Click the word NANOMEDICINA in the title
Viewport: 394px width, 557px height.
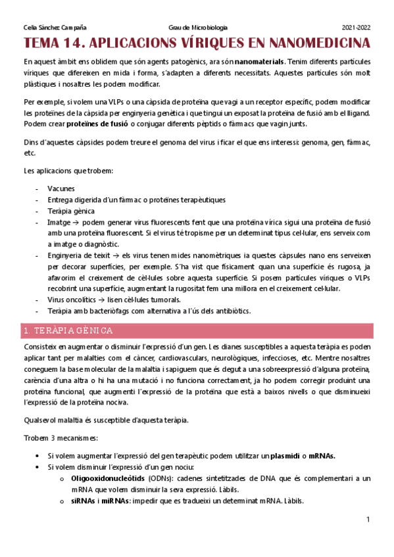pos(313,44)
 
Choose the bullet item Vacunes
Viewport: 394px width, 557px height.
pos(61,189)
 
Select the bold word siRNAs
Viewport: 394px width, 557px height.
pos(84,501)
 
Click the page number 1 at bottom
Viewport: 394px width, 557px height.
pos(368,520)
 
